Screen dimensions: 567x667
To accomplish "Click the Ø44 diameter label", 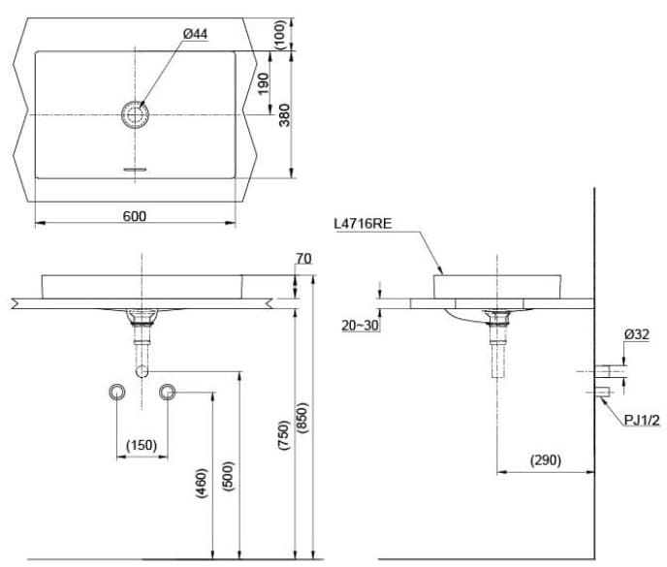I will click(194, 34).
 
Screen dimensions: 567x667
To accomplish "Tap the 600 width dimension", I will click(135, 216).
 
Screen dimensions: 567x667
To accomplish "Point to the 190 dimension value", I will click(263, 84).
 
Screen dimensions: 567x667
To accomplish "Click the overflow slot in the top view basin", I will click(134, 169).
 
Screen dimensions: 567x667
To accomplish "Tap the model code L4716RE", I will click(364, 223).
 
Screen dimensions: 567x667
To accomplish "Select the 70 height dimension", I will click(303, 259).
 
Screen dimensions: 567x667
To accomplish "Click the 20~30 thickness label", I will click(361, 326).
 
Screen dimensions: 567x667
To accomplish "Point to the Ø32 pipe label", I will click(637, 334).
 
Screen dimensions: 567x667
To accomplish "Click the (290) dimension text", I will click(545, 459).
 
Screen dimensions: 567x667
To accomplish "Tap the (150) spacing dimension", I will click(142, 445).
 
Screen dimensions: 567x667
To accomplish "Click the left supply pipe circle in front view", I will click(117, 392).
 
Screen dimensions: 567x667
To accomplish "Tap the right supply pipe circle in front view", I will click(169, 392).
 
